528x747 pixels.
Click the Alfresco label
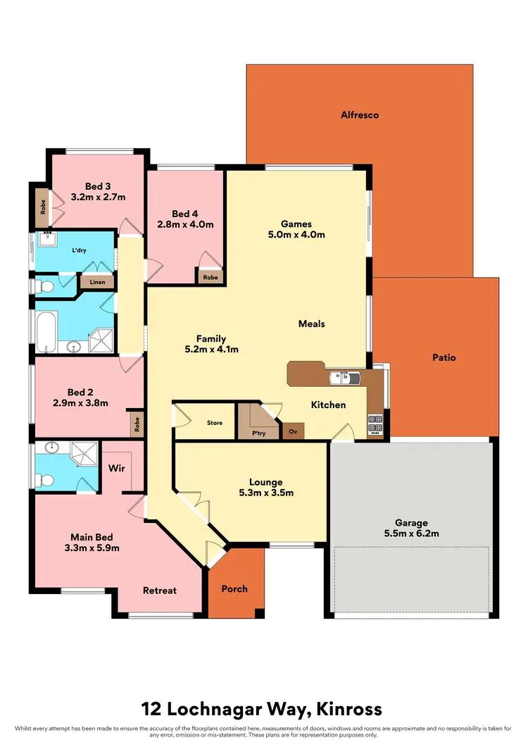[x=359, y=114]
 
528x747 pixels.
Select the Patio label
[x=444, y=357]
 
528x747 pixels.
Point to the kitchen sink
[x=345, y=378]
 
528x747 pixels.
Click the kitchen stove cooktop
[x=375, y=423]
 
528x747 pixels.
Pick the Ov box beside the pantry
[x=292, y=431]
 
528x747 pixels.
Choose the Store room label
[x=215, y=423]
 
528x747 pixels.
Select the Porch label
[x=234, y=588]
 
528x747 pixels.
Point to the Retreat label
[x=160, y=591]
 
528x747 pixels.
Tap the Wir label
[x=117, y=467]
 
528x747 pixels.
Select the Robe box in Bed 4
[x=210, y=278]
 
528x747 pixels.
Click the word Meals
[x=311, y=323]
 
